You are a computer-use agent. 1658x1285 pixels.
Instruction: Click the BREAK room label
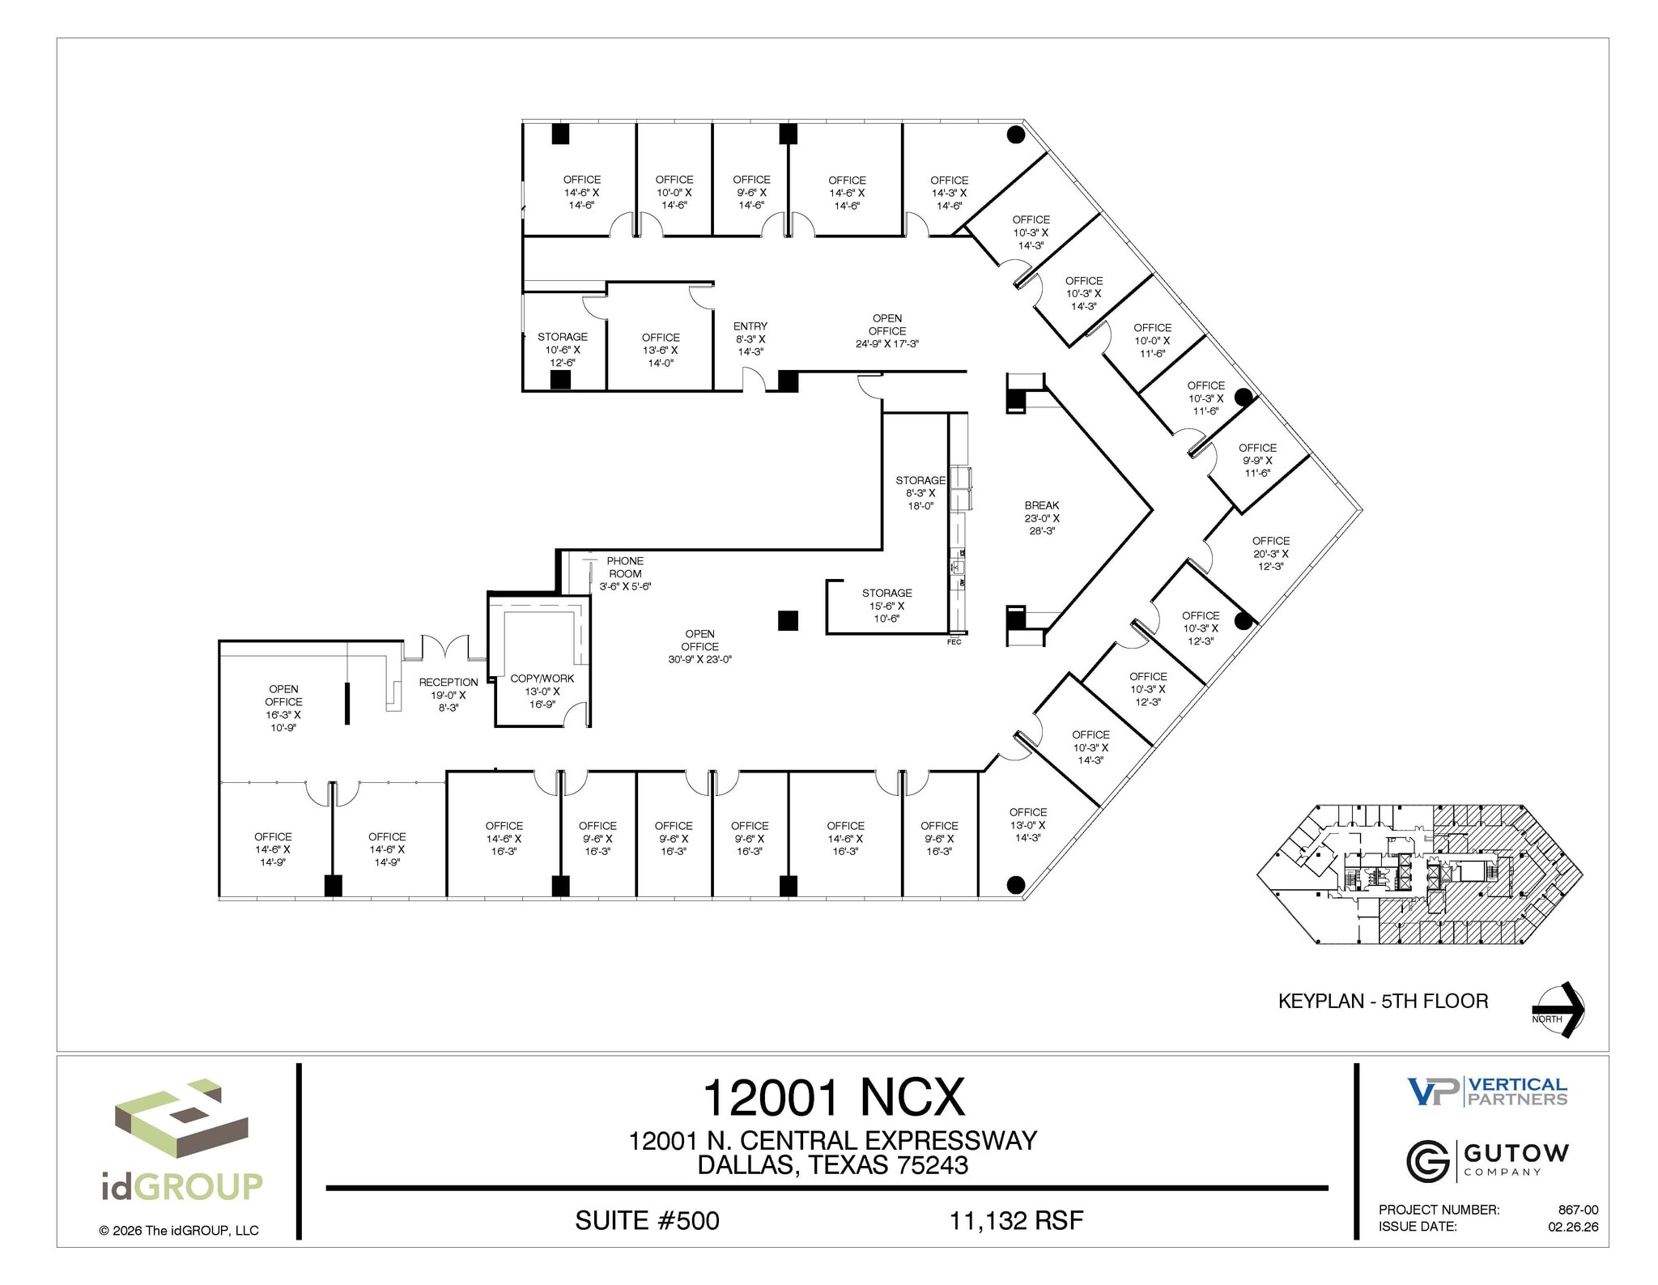(x=1041, y=518)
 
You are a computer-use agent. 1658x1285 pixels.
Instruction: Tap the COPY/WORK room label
(x=542, y=691)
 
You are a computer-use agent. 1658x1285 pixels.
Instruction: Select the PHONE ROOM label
(x=625, y=573)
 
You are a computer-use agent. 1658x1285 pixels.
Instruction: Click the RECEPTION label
(x=448, y=694)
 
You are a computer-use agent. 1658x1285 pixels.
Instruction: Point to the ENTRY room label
(x=750, y=338)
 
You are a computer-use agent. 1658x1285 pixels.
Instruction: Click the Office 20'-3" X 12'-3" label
(x=1270, y=553)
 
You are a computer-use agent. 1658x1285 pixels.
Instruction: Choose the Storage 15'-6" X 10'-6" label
(x=886, y=606)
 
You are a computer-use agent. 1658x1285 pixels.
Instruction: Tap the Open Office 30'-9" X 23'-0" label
(x=699, y=646)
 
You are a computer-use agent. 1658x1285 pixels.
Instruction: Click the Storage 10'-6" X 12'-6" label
(x=563, y=349)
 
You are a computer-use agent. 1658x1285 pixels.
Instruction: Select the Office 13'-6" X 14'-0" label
(x=661, y=350)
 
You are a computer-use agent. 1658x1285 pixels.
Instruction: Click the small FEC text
(x=954, y=642)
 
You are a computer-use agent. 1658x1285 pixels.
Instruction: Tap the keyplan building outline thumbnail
(x=1419, y=874)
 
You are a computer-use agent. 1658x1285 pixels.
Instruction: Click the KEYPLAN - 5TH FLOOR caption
(x=1383, y=1001)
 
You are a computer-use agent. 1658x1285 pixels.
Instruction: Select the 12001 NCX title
(x=833, y=1098)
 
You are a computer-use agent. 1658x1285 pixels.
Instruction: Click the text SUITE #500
(x=647, y=1220)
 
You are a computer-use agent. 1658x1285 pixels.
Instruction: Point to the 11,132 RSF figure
(x=1016, y=1220)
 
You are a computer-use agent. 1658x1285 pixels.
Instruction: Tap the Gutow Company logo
(x=1487, y=1160)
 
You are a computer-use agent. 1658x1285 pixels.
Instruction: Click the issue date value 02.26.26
(x=1573, y=1227)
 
